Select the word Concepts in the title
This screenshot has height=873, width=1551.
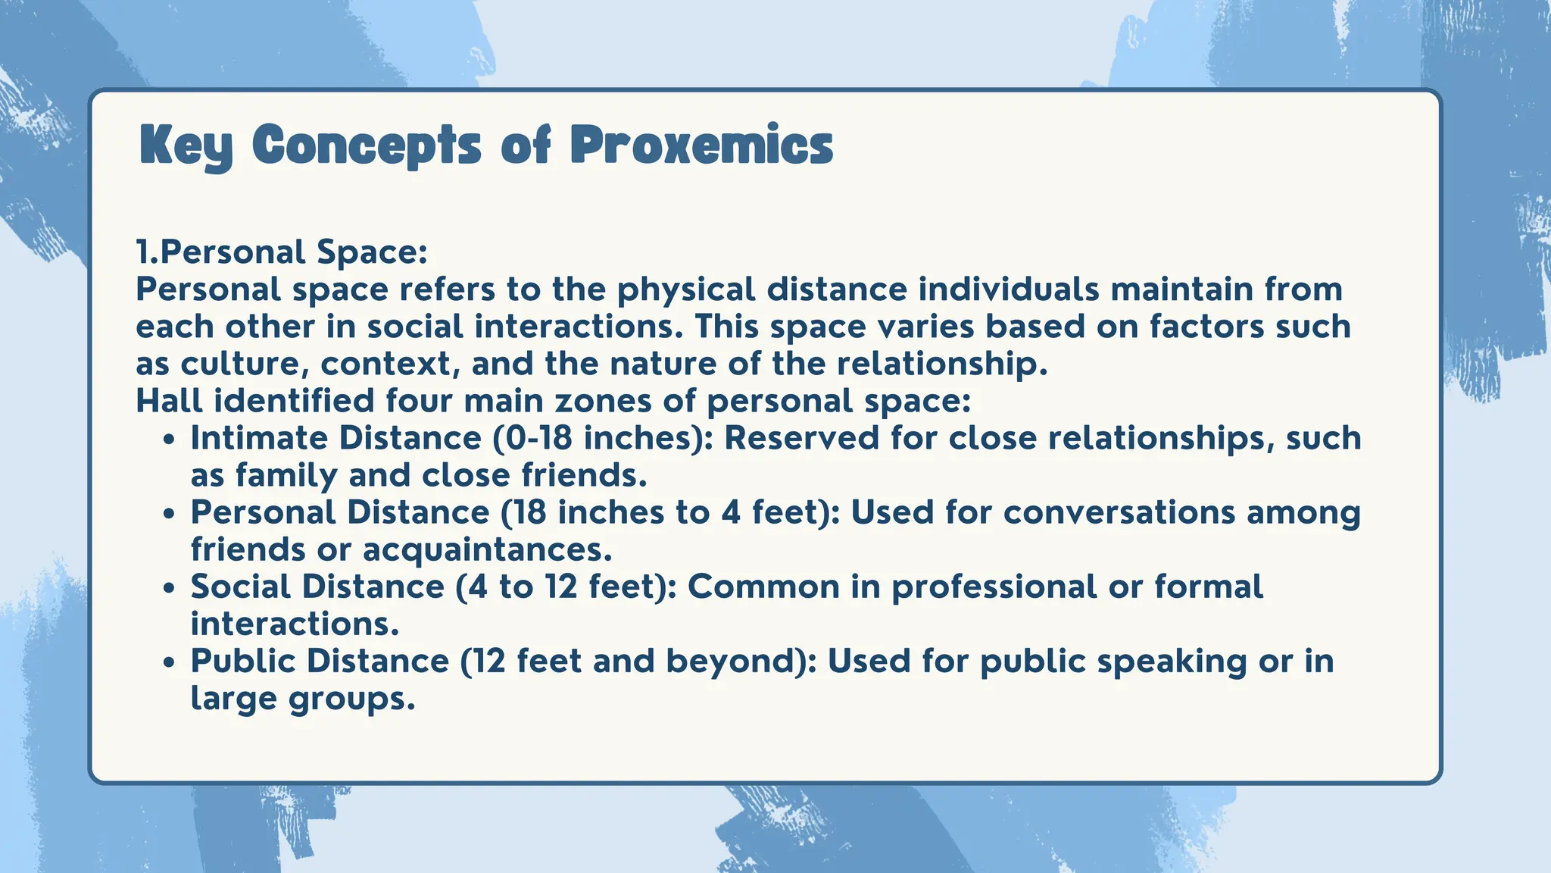coord(367,145)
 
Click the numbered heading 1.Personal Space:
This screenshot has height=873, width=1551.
coord(282,252)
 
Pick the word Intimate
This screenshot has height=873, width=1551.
coord(259,438)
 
